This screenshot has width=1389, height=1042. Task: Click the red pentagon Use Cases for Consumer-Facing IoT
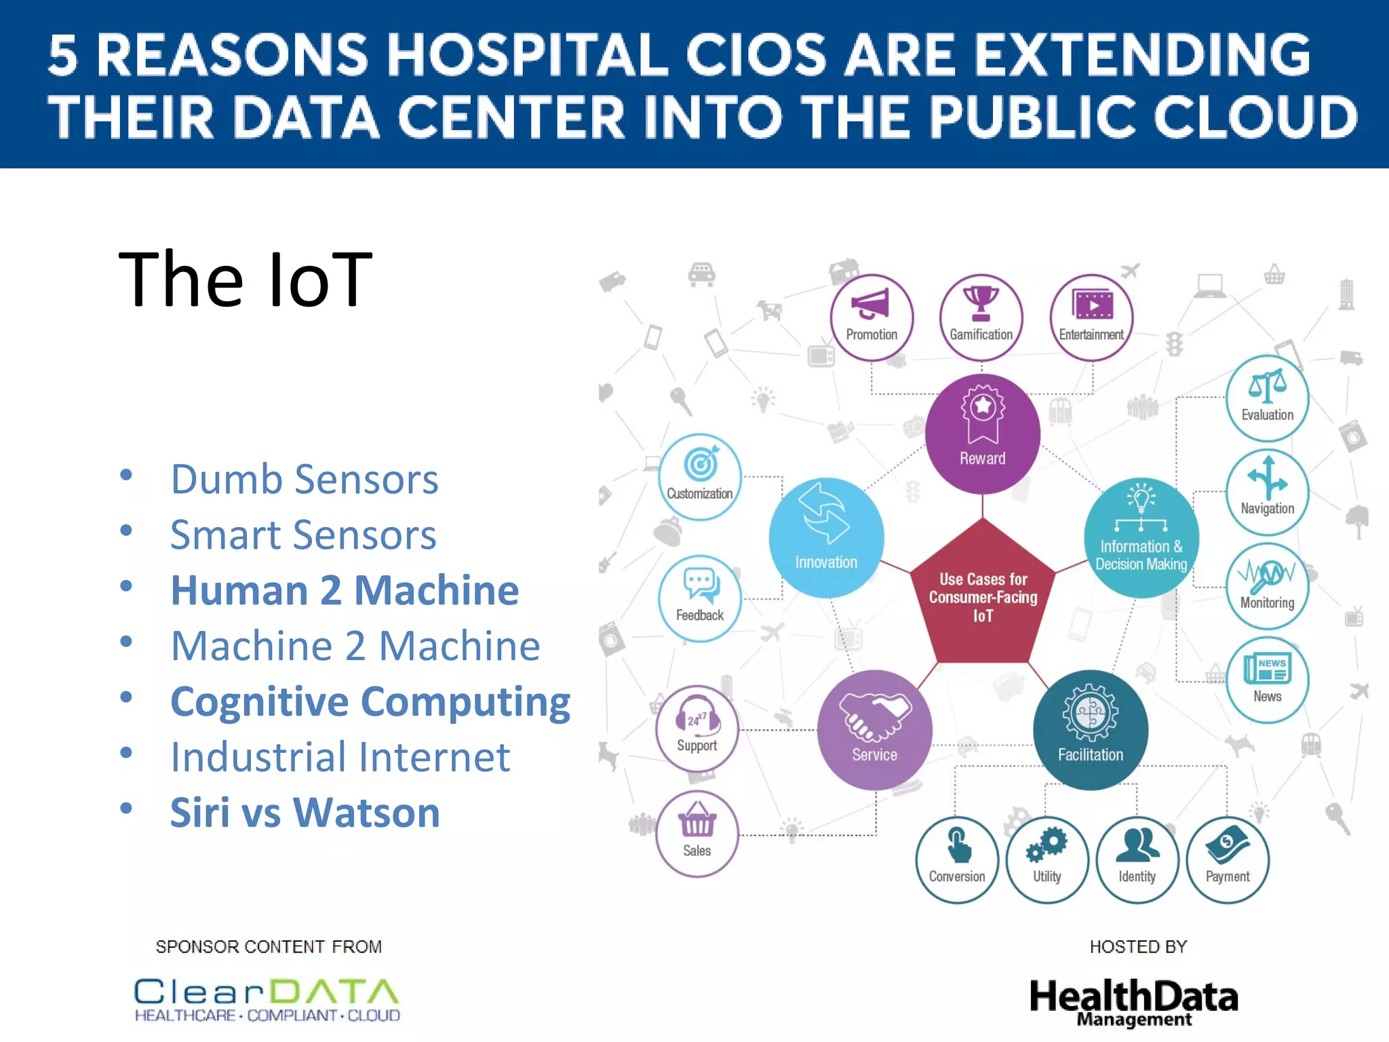pyautogui.click(x=982, y=597)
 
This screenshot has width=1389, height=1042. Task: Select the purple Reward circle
pyautogui.click(x=982, y=433)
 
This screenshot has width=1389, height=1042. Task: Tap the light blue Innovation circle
pyautogui.click(x=826, y=537)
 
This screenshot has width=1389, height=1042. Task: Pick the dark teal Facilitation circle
pyautogui.click(x=1090, y=729)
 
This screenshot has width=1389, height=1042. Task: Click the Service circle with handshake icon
pyautogui.click(x=874, y=729)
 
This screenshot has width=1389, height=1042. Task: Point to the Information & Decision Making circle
pyautogui.click(x=1141, y=537)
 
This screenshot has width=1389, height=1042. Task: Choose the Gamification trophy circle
pyautogui.click(x=981, y=317)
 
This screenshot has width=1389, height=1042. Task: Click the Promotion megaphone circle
pyautogui.click(x=872, y=317)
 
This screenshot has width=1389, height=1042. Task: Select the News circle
pyautogui.click(x=1267, y=679)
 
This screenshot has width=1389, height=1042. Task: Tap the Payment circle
pyautogui.click(x=1227, y=860)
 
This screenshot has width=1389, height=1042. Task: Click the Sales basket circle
pyautogui.click(x=697, y=833)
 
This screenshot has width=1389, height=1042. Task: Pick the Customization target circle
pyautogui.click(x=699, y=476)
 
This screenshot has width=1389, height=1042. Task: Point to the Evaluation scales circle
pyautogui.click(x=1267, y=398)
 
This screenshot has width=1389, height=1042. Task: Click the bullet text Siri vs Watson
pyautogui.click(x=305, y=812)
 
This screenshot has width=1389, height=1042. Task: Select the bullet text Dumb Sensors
pyautogui.click(x=305, y=480)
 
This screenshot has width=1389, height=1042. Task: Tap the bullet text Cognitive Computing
pyautogui.click(x=370, y=701)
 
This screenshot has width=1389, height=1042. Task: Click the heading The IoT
pyautogui.click(x=245, y=279)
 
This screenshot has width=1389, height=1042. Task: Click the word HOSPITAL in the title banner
pyautogui.click(x=527, y=56)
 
